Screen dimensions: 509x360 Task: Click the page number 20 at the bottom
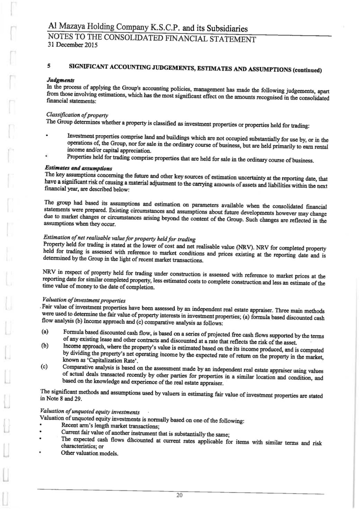tap(179, 494)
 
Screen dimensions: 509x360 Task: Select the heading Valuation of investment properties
tap(83, 300)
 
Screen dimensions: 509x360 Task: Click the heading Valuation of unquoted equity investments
tap(91, 412)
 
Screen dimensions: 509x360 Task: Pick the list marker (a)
tap(45, 332)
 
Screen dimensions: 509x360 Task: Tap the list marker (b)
tap(45, 346)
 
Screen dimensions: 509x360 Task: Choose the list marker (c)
tap(45, 366)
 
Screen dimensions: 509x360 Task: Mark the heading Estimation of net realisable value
tap(119, 238)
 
